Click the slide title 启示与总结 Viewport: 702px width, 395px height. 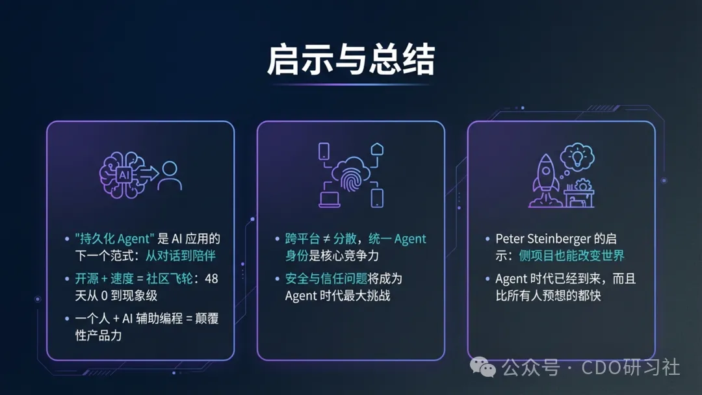tap(350, 61)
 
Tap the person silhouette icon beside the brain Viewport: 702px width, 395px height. tap(170, 175)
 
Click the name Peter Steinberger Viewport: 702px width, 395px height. tap(542, 239)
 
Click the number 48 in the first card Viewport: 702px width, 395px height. tap(211, 279)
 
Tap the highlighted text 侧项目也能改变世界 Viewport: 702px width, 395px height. tap(572, 256)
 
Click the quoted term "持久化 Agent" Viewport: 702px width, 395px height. tap(114, 239)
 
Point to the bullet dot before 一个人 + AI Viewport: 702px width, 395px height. tap(67, 319)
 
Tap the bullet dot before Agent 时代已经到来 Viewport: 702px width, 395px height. tap(488, 279)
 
